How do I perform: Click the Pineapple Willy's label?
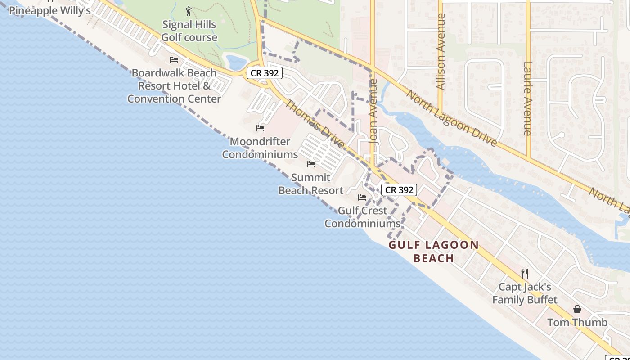[49, 10]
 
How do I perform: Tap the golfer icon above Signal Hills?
[189, 11]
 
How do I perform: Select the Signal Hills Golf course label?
[189, 31]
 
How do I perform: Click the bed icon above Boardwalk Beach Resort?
[174, 60]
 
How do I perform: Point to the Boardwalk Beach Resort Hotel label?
[174, 85]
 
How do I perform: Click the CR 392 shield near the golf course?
[264, 73]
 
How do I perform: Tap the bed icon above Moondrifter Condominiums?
[260, 128]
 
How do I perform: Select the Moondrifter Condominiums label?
[260, 148]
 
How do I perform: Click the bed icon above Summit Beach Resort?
[311, 164]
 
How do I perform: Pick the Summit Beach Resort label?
[311, 184]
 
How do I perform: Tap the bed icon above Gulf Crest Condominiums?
[362, 198]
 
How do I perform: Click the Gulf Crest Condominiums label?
[362, 217]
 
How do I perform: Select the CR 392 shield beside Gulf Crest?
[399, 190]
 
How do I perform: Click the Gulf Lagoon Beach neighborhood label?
[434, 252]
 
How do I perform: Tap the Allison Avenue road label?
[441, 52]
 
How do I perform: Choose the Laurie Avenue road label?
[528, 98]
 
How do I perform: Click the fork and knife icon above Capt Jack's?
[524, 273]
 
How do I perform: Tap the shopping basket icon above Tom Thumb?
[577, 309]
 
